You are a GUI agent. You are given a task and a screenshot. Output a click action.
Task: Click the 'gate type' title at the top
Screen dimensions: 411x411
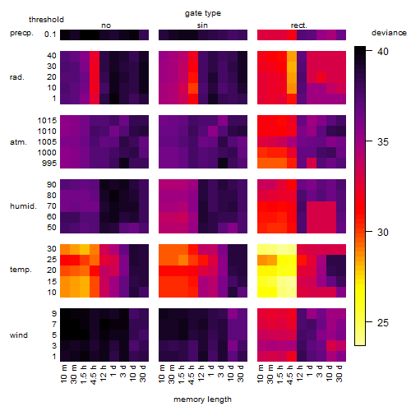(203, 13)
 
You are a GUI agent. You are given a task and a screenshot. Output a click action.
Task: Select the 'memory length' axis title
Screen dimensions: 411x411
(202, 399)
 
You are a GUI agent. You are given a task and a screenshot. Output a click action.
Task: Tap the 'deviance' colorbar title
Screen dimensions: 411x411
(389, 33)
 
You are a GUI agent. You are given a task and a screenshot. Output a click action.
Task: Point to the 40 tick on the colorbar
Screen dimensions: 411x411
(383, 51)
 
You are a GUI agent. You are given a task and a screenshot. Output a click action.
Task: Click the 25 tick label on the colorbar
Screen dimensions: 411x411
(383, 322)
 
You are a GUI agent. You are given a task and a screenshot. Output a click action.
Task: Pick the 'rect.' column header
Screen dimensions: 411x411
(299, 25)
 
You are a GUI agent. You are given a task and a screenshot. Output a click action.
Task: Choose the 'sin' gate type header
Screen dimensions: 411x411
(202, 25)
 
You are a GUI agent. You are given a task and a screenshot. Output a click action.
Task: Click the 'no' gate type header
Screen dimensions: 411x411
(106, 25)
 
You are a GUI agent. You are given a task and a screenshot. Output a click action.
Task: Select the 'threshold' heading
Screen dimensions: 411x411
(46, 20)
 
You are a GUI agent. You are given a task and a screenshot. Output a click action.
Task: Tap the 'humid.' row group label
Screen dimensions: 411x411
(23, 206)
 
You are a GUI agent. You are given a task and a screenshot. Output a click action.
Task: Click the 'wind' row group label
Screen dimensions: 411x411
(19, 335)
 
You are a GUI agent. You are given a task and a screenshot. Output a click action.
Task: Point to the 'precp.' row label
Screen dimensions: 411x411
(21, 33)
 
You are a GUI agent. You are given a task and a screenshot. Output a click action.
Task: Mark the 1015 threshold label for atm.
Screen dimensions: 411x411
(47, 121)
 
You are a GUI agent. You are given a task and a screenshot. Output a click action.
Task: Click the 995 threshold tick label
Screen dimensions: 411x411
(49, 164)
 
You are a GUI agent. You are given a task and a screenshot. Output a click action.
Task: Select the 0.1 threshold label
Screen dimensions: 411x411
(50, 35)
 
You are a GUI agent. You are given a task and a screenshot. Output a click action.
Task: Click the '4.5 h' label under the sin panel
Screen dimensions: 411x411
(192, 374)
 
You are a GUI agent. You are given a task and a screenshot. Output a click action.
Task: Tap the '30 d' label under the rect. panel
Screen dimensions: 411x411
(339, 374)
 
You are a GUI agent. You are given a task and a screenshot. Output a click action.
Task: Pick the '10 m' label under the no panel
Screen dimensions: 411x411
(63, 374)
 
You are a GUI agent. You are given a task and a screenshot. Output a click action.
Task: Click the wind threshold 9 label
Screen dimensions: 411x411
(54, 314)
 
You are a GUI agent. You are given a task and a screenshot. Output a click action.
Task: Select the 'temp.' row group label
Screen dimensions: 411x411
(21, 270)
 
